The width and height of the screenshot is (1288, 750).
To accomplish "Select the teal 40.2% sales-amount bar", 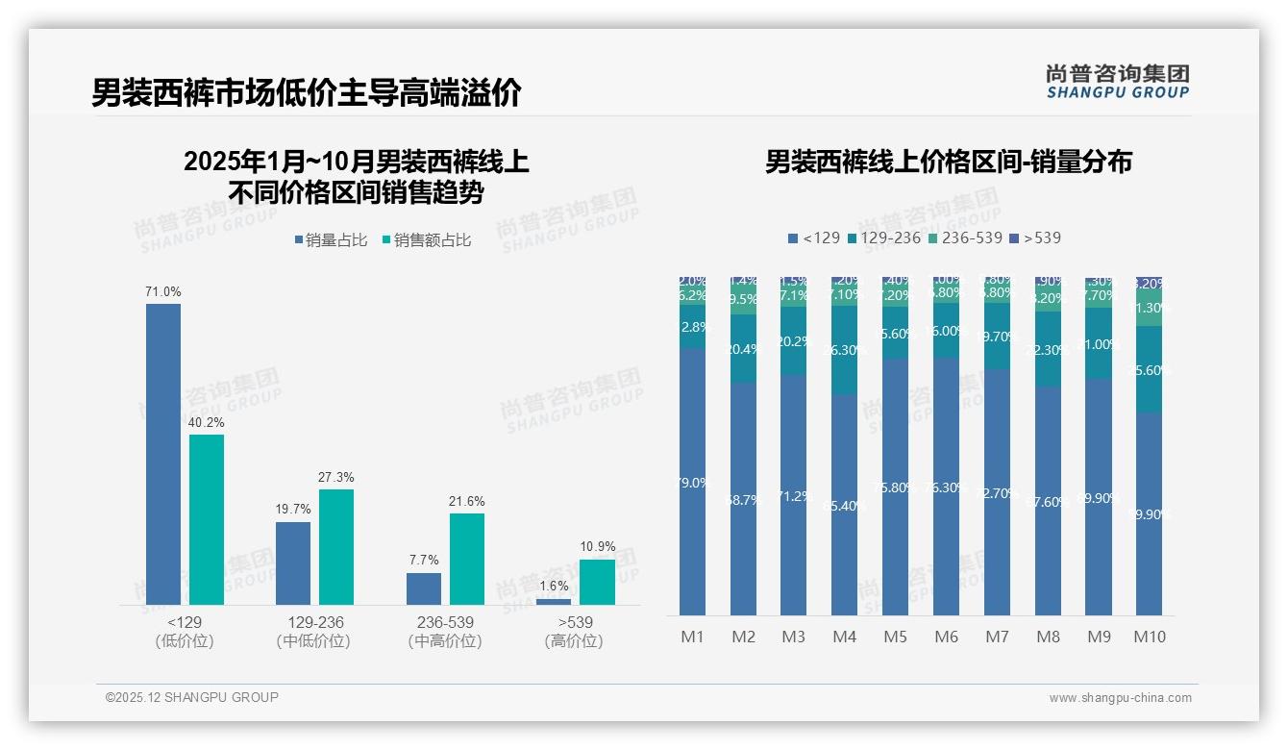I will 207,519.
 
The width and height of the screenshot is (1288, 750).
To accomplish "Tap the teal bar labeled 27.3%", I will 336,547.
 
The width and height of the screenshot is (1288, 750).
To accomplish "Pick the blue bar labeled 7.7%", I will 424,588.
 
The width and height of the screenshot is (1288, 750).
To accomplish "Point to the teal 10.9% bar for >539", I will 597,582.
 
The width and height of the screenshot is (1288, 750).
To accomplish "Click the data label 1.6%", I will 554,586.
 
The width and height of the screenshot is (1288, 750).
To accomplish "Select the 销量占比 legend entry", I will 331,240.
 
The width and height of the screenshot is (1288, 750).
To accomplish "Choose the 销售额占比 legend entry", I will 427,240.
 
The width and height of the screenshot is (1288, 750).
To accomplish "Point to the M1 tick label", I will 692,637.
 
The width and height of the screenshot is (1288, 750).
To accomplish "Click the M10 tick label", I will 1149,637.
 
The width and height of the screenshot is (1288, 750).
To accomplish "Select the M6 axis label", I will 946,637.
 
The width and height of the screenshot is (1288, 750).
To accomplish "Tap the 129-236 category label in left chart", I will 314,622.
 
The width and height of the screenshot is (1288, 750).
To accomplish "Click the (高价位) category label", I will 574,641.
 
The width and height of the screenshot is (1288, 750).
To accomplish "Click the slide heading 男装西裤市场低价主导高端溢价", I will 307,93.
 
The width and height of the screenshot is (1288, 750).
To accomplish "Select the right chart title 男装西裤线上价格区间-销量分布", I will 948,162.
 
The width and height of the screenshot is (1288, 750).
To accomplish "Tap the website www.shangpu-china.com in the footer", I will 1120,698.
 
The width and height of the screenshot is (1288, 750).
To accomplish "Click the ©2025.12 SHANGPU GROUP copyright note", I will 192,697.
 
